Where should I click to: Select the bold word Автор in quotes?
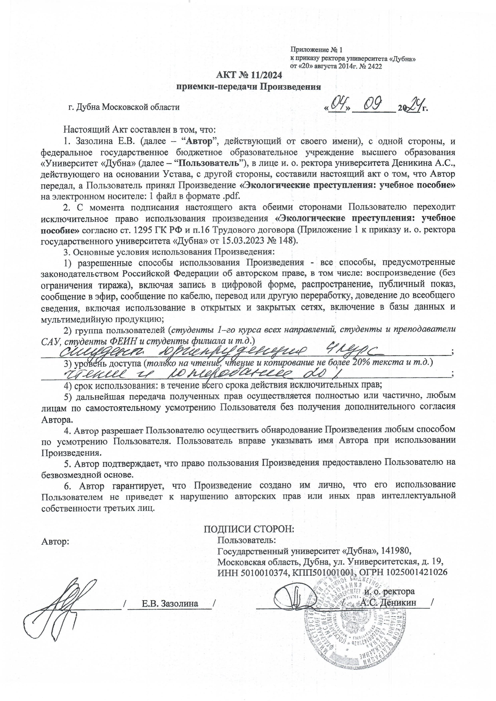coord(199,142)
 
